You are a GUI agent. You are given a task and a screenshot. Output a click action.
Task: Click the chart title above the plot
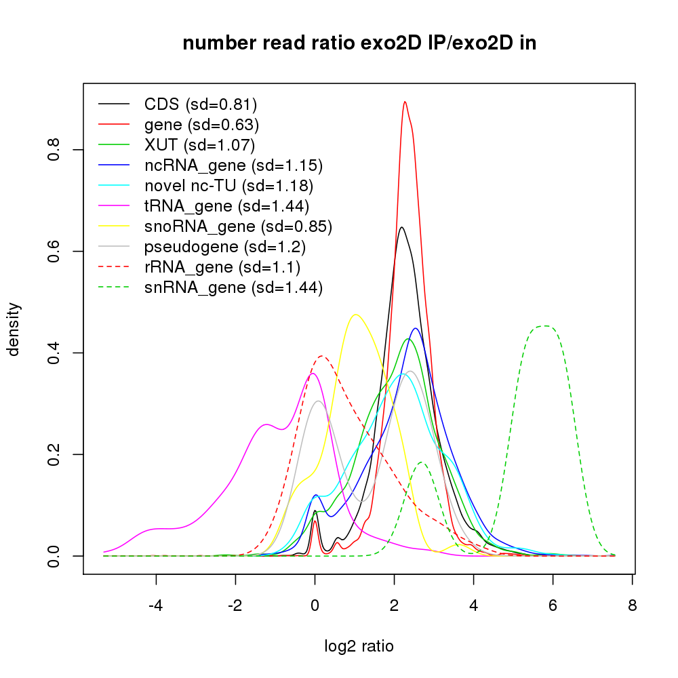point(359,44)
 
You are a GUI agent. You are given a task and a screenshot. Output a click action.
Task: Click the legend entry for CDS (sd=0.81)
point(201,104)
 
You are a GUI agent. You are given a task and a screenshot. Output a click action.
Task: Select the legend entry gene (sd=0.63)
point(201,125)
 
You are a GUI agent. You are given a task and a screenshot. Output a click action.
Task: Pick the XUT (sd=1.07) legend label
point(199,145)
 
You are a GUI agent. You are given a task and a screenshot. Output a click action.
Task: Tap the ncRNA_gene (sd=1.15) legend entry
point(233,165)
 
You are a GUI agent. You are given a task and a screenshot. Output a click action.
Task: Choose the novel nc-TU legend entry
point(228,186)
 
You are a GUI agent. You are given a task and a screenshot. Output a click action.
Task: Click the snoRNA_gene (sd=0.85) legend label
point(238,226)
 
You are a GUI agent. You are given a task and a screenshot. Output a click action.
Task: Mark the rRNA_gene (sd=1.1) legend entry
point(222,267)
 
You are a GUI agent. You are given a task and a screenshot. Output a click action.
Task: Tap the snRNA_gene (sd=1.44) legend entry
point(233,287)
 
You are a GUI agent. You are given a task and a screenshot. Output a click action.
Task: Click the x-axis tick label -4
point(155,605)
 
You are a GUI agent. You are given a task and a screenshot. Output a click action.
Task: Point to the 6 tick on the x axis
point(553,605)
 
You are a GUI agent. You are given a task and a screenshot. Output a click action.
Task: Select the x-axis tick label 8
point(632,605)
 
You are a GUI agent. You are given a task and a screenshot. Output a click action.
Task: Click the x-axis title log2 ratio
point(359,646)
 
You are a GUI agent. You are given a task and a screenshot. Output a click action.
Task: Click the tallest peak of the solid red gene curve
point(405,102)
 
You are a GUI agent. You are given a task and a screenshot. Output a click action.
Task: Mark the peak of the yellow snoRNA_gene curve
point(356,315)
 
